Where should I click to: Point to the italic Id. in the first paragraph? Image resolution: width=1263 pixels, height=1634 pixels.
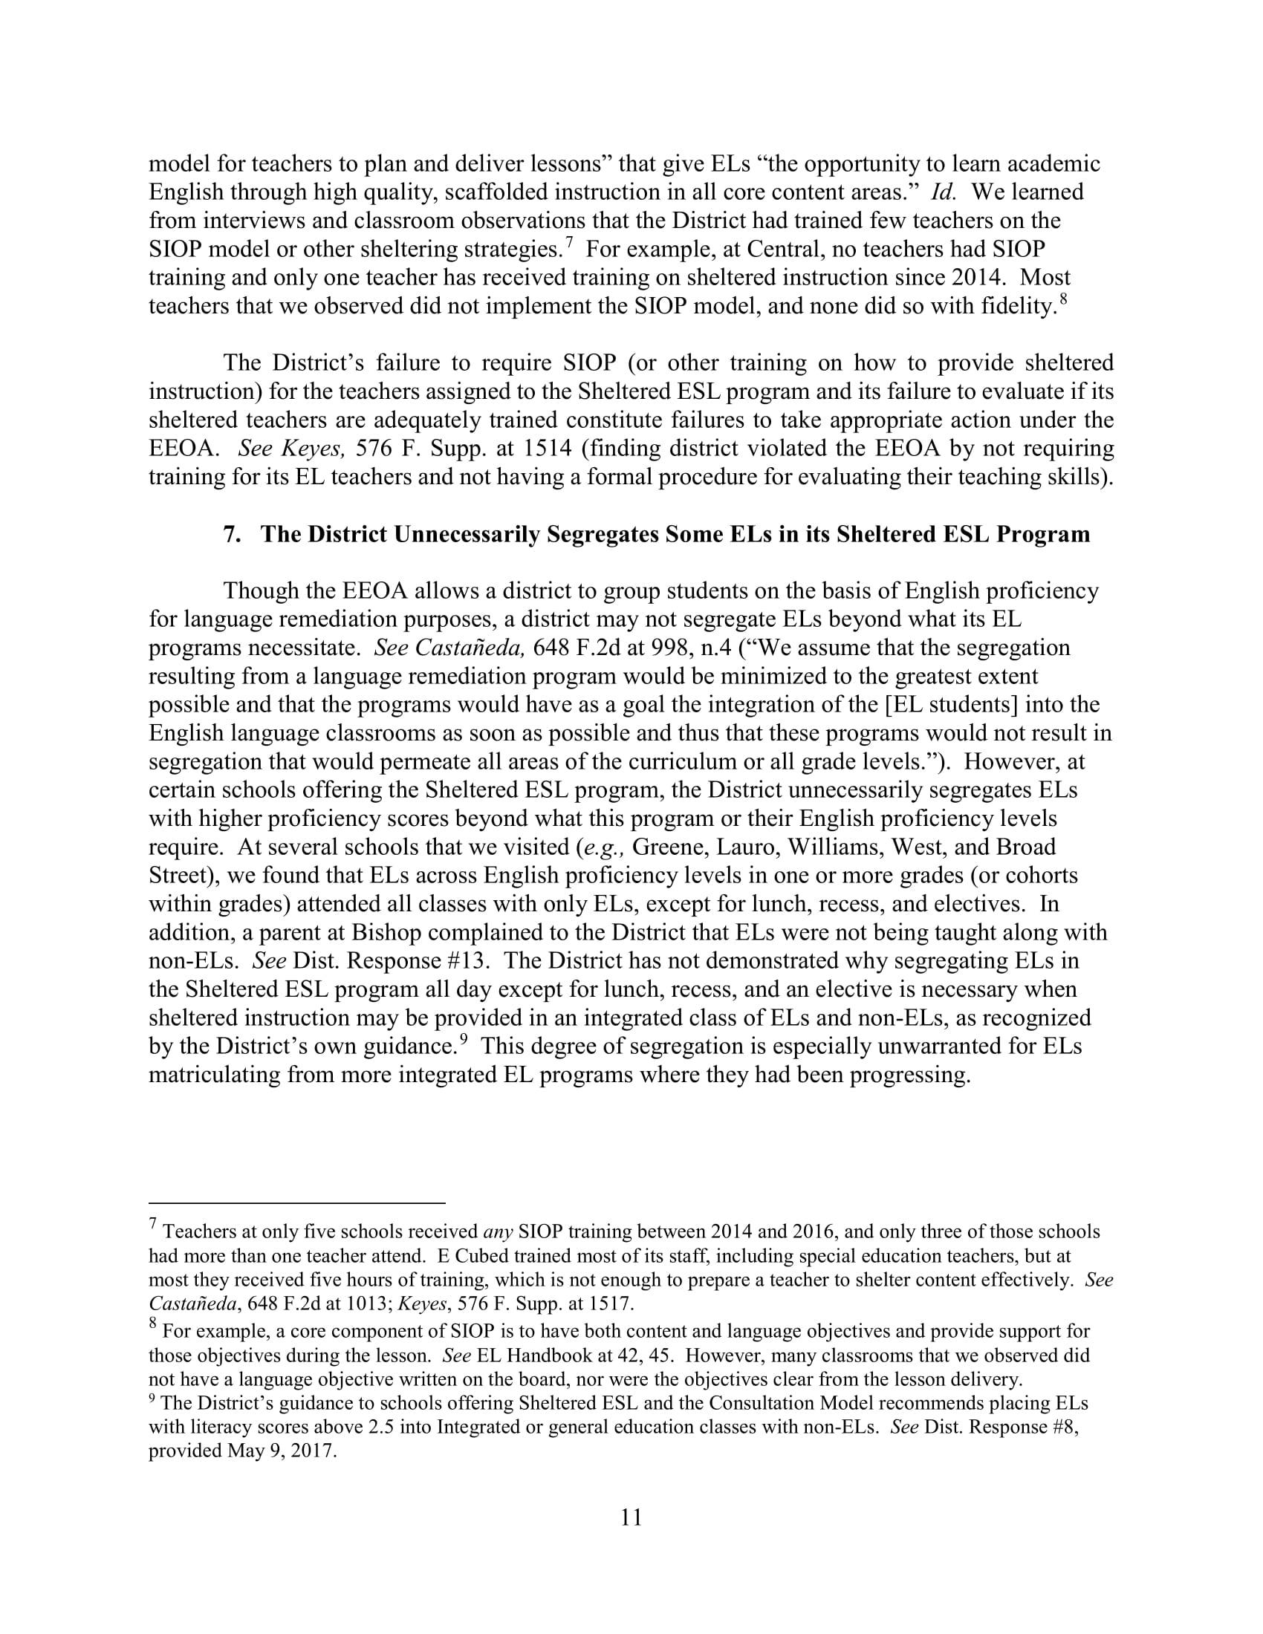click(x=942, y=192)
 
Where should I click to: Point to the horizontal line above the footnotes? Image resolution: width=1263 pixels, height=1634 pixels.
click(x=296, y=1204)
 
